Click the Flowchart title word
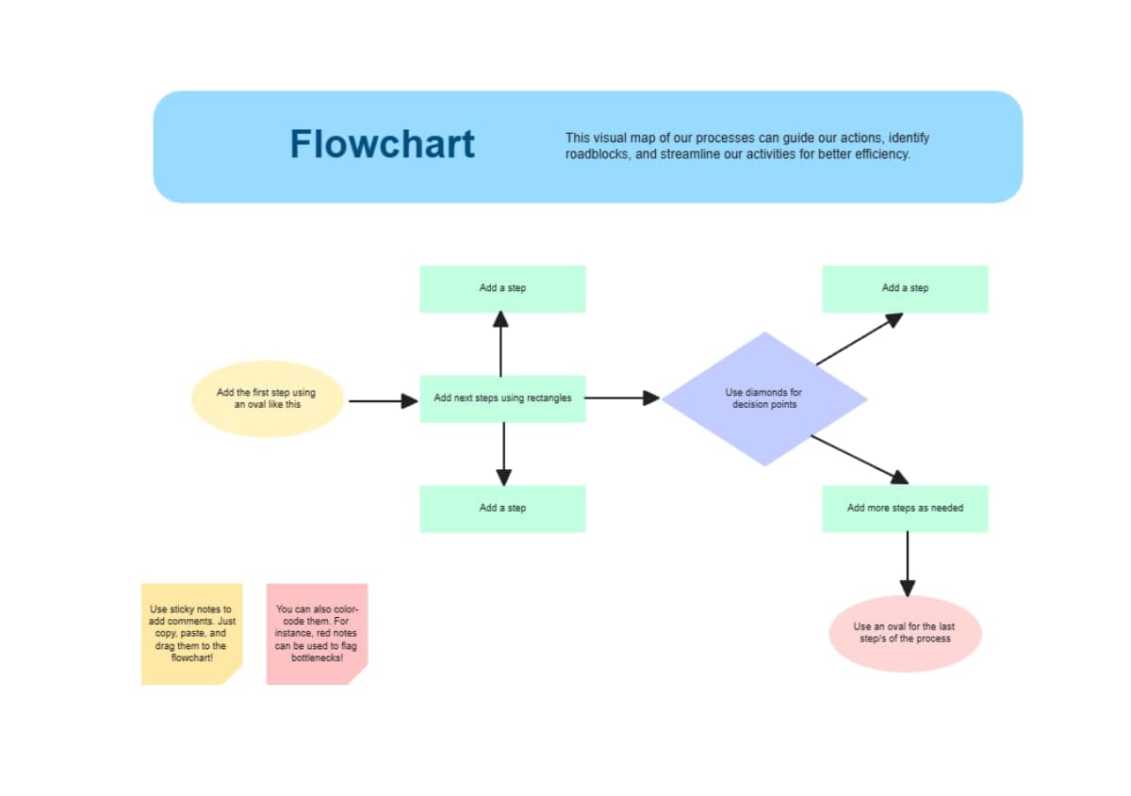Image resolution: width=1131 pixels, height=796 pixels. (x=382, y=144)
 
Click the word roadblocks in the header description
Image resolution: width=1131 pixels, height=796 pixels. (x=597, y=154)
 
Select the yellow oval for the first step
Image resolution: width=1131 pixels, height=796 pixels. (x=267, y=398)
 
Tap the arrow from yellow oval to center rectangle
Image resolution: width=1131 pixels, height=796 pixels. (x=382, y=401)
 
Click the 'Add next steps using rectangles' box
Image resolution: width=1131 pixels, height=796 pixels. (x=502, y=398)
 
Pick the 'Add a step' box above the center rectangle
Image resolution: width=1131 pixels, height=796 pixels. (x=502, y=288)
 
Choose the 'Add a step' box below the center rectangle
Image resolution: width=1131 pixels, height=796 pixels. (x=502, y=509)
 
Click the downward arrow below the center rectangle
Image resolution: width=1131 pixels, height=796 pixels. (x=503, y=453)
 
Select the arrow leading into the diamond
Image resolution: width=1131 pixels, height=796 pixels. (x=622, y=398)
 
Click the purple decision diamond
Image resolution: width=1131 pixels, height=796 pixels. (x=763, y=398)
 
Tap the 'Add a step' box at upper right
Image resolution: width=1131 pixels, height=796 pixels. (x=905, y=288)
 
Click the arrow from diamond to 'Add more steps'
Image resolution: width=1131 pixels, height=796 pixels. (x=859, y=459)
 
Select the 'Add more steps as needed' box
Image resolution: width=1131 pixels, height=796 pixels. (x=905, y=509)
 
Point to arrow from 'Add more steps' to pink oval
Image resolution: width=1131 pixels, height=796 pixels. (x=907, y=563)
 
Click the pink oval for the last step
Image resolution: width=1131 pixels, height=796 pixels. (x=905, y=633)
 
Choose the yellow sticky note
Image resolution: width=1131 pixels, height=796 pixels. (x=192, y=633)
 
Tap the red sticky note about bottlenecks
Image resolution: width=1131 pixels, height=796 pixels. (x=317, y=633)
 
